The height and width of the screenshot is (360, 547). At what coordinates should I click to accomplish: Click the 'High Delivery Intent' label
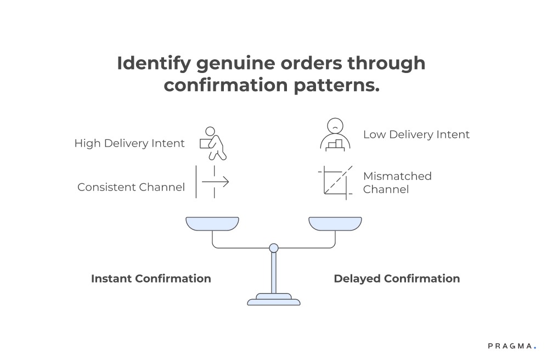(x=129, y=144)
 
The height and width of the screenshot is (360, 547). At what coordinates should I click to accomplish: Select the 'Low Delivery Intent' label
(x=416, y=134)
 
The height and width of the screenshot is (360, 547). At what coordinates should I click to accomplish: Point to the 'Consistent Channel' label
(x=131, y=187)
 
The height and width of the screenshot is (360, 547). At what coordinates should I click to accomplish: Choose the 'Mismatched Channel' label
(x=397, y=183)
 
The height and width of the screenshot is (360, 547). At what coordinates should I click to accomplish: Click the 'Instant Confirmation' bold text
(x=151, y=279)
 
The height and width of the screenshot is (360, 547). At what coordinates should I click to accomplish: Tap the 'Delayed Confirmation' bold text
(x=397, y=279)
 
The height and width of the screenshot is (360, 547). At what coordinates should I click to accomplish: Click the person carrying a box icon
(x=213, y=143)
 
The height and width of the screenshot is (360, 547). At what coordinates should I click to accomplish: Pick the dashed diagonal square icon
(x=336, y=182)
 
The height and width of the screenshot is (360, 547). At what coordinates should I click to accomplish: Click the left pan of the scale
(x=212, y=223)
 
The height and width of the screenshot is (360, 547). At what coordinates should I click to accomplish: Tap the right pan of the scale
(x=335, y=223)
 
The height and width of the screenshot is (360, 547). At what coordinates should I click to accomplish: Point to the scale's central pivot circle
(x=274, y=248)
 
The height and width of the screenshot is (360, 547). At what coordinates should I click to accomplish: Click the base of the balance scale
(x=274, y=300)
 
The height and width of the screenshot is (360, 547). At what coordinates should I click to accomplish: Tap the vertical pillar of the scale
(x=274, y=273)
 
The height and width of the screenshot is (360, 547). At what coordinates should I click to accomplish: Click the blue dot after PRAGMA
(x=534, y=348)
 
